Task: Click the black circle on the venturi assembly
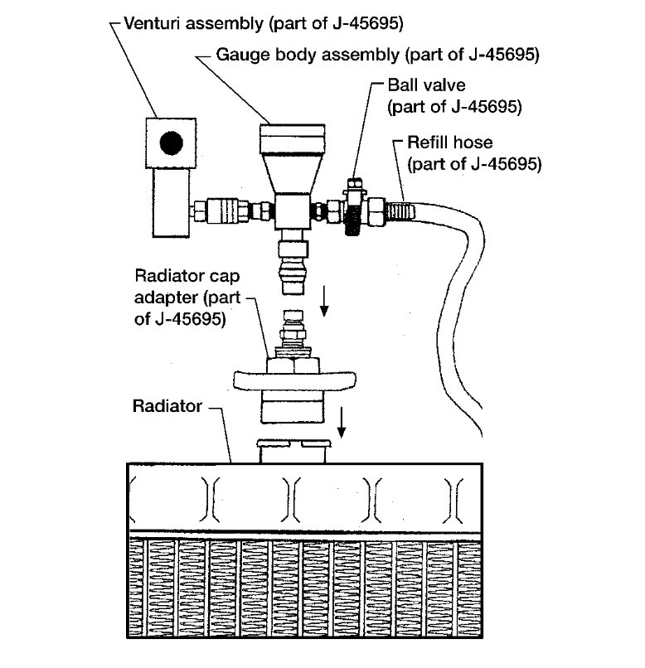[x=172, y=143]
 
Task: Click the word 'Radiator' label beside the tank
[x=166, y=407]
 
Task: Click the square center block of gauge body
[x=289, y=213]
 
